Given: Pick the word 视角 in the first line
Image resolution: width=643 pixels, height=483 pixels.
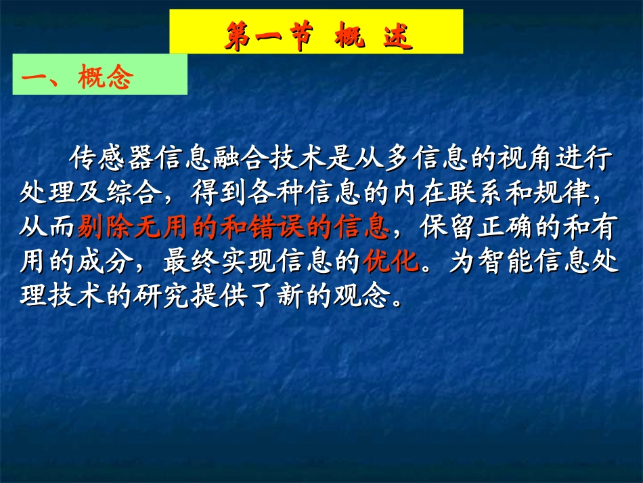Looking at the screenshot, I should pyautogui.click(x=511, y=161).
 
